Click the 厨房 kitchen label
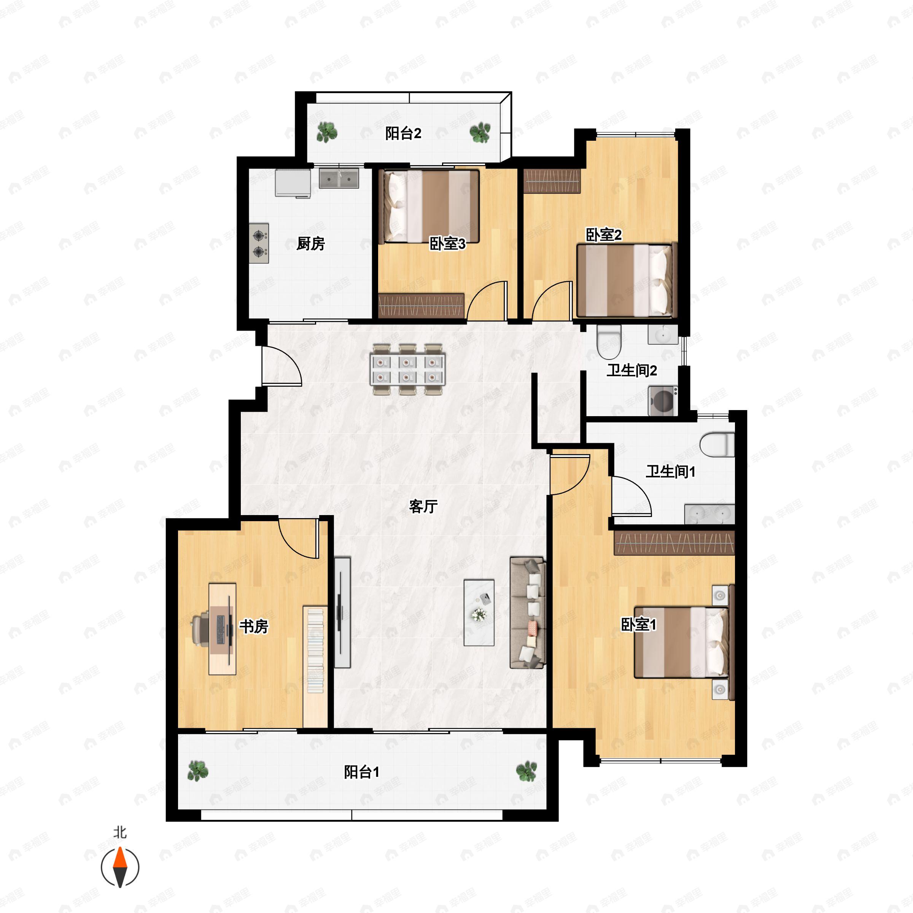[310, 243]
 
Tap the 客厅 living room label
[423, 506]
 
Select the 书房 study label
[254, 626]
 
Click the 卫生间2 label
[632, 370]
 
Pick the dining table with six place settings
[407, 369]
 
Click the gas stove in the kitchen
[259, 243]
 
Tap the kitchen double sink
[339, 179]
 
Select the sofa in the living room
[527, 613]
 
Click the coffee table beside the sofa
[479, 612]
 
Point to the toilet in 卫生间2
[609, 341]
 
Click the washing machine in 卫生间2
[663, 401]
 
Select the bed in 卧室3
[431, 207]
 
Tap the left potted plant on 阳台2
[326, 132]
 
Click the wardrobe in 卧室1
[674, 543]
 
